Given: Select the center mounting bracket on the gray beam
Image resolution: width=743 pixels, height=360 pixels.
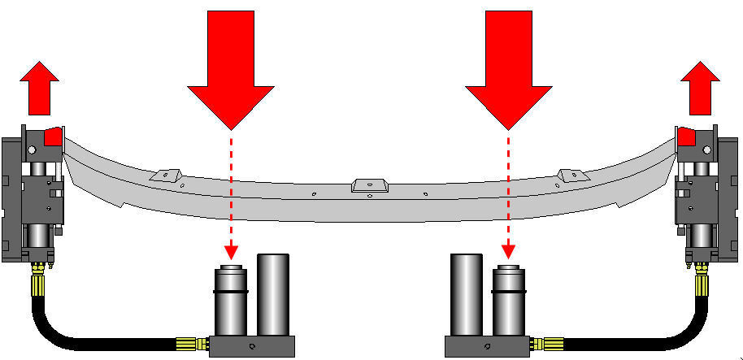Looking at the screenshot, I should pyautogui.click(x=369, y=186).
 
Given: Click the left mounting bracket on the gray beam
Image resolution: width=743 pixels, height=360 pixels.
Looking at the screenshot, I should pyautogui.click(x=164, y=175).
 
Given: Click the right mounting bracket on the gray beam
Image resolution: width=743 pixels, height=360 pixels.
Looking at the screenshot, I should pyautogui.click(x=571, y=175).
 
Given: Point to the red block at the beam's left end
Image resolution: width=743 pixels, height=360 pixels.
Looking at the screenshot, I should pyautogui.click(x=54, y=136).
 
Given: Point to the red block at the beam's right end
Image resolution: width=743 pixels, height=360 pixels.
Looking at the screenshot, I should pyautogui.click(x=685, y=136).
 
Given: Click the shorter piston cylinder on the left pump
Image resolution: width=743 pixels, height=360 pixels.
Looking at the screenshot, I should pyautogui.click(x=230, y=302).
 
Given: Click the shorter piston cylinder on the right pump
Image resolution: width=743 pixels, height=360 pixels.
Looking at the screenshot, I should pyautogui.click(x=509, y=302).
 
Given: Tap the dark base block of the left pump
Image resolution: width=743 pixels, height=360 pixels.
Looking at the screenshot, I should pyautogui.click(x=251, y=346).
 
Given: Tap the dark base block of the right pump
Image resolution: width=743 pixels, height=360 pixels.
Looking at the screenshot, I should pyautogui.click(x=488, y=346).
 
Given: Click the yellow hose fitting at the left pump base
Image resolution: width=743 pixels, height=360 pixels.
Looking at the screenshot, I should pyautogui.click(x=189, y=345).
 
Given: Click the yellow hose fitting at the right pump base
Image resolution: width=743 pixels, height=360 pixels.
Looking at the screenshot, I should pyautogui.click(x=550, y=345).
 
